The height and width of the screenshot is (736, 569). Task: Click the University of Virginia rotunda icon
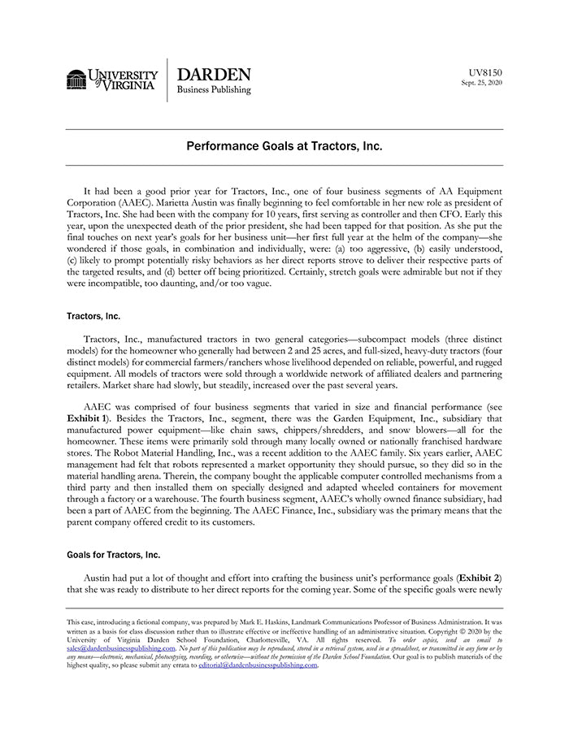pos(76,80)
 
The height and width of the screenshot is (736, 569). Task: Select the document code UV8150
pos(486,72)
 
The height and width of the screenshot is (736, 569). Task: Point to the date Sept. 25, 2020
pos(481,83)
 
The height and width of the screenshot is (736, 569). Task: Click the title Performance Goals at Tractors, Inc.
pos(284,147)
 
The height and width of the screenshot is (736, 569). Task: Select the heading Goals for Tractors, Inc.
pos(113,555)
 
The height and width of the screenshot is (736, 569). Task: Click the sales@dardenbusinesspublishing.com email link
pos(119,649)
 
